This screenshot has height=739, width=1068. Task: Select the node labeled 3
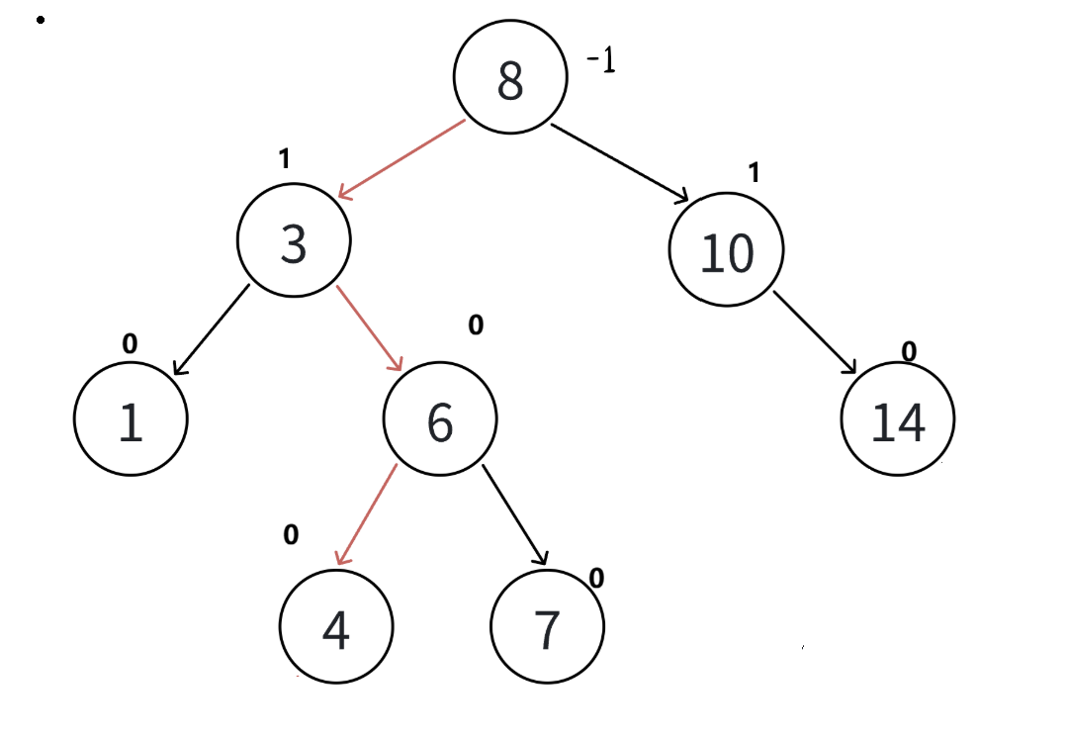point(294,242)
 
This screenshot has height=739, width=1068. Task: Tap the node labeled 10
point(727,252)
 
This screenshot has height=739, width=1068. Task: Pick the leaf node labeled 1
point(131,419)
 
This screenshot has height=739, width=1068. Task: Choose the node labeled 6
point(440,420)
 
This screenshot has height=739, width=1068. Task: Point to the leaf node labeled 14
point(898,420)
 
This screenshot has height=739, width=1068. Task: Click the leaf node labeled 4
point(336,628)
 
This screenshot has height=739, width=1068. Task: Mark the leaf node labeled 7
point(547,628)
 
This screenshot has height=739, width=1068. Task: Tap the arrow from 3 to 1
point(212,329)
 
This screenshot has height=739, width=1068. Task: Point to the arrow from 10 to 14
point(816,333)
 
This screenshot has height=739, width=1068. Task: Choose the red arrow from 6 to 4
point(366,514)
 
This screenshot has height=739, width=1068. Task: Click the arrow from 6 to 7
point(515,515)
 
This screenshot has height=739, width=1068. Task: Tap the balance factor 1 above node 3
point(285,159)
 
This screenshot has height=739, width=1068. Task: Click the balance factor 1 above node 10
point(754,173)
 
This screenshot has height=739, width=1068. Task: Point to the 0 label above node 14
point(909,351)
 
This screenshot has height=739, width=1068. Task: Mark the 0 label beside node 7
point(596,577)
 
